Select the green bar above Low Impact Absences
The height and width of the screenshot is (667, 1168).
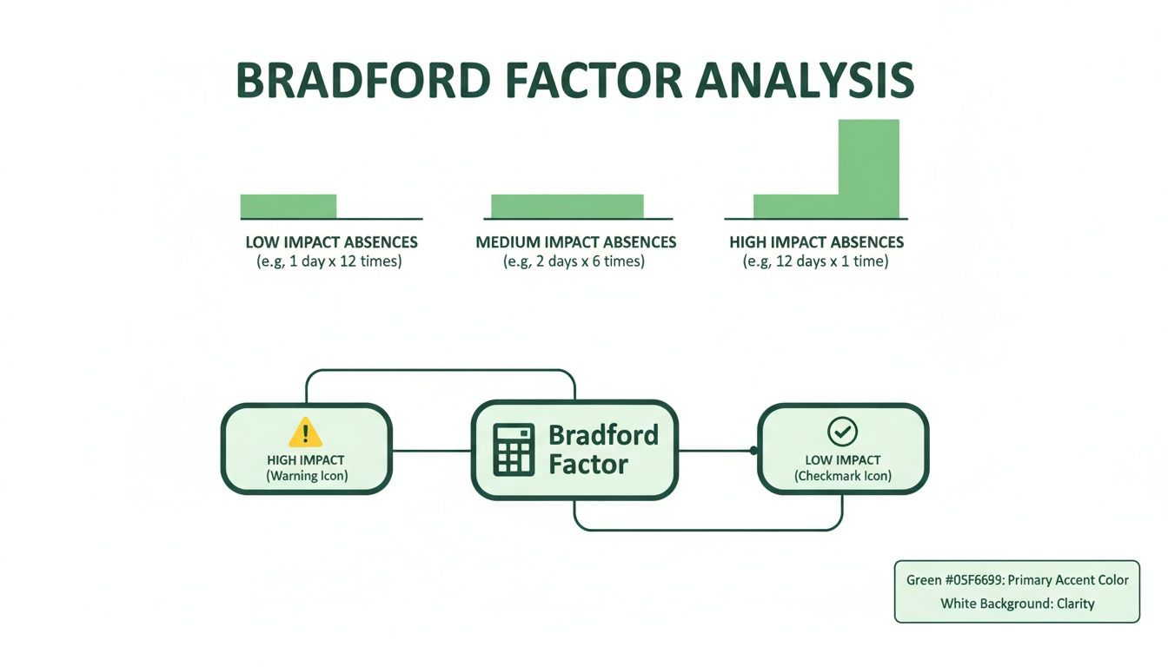[x=288, y=206]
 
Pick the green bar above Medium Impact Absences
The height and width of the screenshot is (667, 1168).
[x=567, y=206]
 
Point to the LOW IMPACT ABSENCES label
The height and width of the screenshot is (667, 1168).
[x=331, y=242]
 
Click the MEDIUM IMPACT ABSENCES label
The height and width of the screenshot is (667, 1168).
[x=575, y=242]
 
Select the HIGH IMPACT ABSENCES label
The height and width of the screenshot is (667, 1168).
[x=816, y=242]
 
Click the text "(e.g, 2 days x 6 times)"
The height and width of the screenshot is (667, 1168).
[x=574, y=261]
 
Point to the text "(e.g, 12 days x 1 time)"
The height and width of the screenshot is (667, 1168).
[x=816, y=261]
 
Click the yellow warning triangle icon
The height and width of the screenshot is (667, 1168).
[x=305, y=432]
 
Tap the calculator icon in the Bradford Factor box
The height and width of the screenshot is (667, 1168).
[x=514, y=449]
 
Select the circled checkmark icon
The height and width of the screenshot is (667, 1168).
[x=842, y=431]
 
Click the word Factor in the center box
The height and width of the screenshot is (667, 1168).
[x=588, y=464]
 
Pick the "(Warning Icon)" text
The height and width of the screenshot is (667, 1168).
[x=306, y=476]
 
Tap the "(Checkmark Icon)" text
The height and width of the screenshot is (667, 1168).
[x=842, y=476]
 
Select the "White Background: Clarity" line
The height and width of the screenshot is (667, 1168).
[x=1017, y=603]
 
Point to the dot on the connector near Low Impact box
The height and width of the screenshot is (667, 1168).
[x=753, y=450]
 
